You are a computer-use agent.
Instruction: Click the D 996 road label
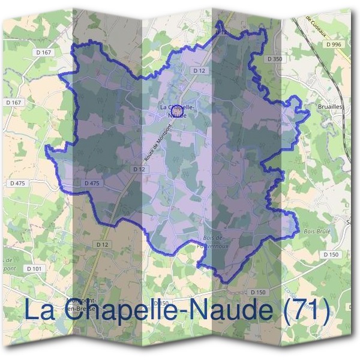(x=334, y=44)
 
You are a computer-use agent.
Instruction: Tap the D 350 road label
(x=275, y=59)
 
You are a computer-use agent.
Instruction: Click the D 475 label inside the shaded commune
(x=92, y=183)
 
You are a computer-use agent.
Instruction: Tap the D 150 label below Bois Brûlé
(x=331, y=254)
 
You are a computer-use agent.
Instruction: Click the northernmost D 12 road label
(x=199, y=71)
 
